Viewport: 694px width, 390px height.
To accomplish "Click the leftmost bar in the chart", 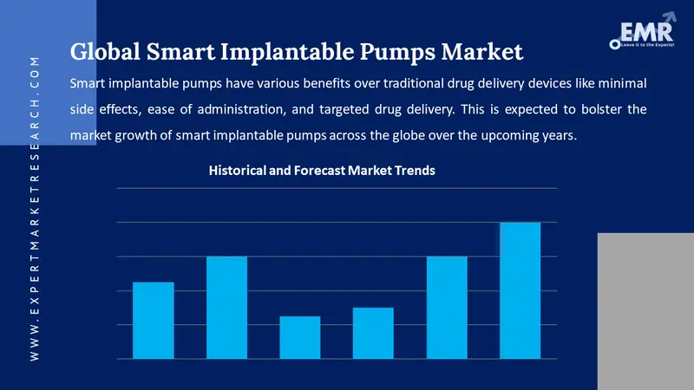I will (x=153, y=320).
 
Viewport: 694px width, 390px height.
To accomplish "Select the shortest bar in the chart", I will (x=299, y=337).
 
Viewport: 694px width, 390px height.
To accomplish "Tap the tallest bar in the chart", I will (x=520, y=290).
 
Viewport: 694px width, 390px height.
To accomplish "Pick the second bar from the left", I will (x=226, y=308).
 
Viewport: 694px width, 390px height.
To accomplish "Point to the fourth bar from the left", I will (x=373, y=333).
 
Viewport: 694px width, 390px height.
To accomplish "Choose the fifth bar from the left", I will (x=447, y=308).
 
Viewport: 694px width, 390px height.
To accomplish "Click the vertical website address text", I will (x=34, y=208).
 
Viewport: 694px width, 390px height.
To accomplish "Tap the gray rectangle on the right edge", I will (x=645, y=311).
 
